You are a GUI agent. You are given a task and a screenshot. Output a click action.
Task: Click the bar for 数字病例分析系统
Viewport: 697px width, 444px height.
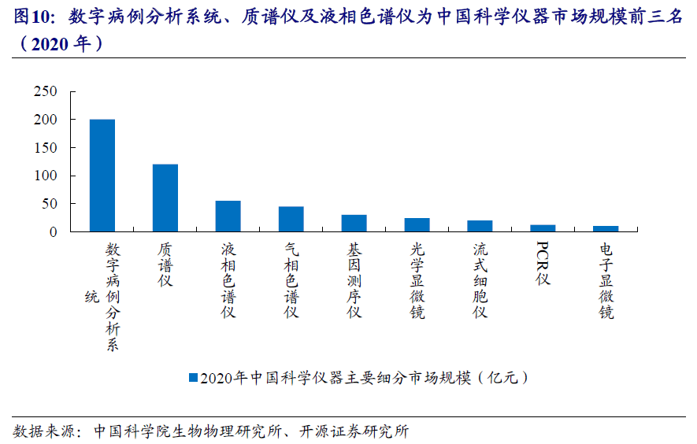pos(102,176)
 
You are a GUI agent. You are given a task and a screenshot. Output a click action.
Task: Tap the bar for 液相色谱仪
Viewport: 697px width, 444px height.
pos(228,216)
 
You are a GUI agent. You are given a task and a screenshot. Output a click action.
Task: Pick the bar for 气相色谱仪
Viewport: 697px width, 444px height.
pos(291,219)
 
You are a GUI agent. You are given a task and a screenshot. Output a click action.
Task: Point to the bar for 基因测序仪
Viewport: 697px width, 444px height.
pos(354,223)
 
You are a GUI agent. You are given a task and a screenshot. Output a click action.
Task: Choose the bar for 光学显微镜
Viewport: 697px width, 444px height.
pos(417,224)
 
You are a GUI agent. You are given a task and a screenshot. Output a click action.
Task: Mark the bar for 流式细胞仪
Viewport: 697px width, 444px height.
pos(480,226)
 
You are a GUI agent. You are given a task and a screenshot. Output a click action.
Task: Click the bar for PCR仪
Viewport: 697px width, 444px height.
pos(543,228)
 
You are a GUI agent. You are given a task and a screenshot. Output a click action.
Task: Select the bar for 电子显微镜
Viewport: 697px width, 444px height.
pos(606,229)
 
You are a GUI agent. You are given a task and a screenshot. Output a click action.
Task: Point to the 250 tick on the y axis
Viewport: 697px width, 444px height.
pos(46,91)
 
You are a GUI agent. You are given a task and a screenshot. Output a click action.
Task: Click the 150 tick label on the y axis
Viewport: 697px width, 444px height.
pos(46,148)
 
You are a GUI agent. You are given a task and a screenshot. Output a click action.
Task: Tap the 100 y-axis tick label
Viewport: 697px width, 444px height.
pos(46,176)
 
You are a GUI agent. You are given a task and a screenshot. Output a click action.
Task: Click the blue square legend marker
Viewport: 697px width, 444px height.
pos(193,378)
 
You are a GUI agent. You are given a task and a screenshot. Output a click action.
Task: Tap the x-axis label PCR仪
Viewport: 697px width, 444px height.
pos(543,264)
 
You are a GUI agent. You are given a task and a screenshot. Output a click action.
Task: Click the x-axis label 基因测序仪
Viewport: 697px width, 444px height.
pos(354,279)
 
